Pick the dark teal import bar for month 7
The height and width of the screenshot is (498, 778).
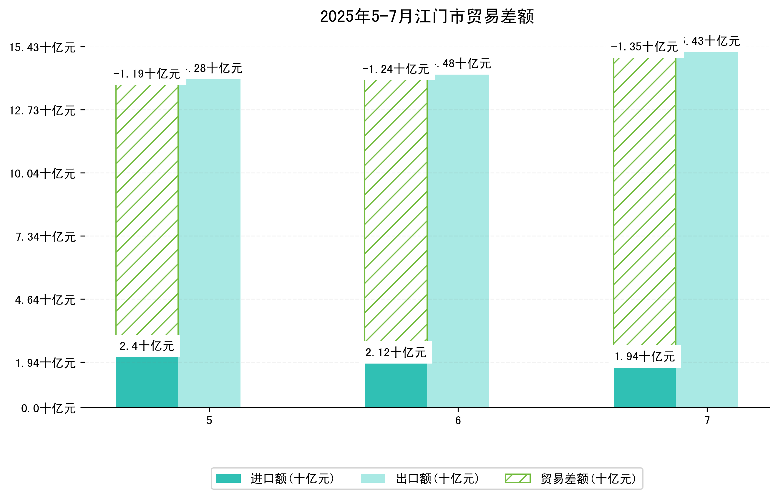tap(644, 387)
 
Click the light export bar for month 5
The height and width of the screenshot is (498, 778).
tap(209, 243)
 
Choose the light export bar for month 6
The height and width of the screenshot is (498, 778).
tap(458, 241)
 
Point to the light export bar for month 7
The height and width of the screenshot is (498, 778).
tap(707, 230)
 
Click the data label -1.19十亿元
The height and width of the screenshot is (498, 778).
tap(147, 74)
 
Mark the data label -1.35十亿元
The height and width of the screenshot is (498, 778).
tap(644, 47)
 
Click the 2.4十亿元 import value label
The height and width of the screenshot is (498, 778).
tap(147, 346)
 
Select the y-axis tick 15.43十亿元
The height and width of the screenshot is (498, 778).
tap(42, 47)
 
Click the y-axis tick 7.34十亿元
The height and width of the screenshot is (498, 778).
tap(46, 237)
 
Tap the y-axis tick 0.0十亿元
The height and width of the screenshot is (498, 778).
tap(48, 408)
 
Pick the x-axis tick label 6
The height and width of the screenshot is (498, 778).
tap(458, 421)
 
